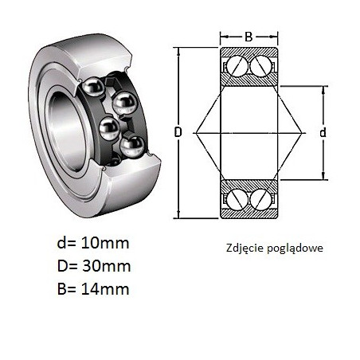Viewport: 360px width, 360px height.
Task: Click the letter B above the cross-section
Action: coord(248,37)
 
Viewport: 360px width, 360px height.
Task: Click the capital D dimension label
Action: coord(178,132)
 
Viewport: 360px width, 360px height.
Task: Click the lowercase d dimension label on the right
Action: coord(323,132)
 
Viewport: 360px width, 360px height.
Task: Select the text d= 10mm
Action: coord(93,243)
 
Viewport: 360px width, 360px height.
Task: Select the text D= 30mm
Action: coord(94,266)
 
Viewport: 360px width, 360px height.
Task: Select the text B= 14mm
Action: coord(93,289)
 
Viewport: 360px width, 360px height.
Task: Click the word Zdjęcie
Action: coord(245,248)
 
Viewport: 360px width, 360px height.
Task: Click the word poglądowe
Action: coord(295,248)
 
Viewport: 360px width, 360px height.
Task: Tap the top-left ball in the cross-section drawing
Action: coord(237,66)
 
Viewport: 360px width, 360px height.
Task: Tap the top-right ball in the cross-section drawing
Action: coord(260,66)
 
